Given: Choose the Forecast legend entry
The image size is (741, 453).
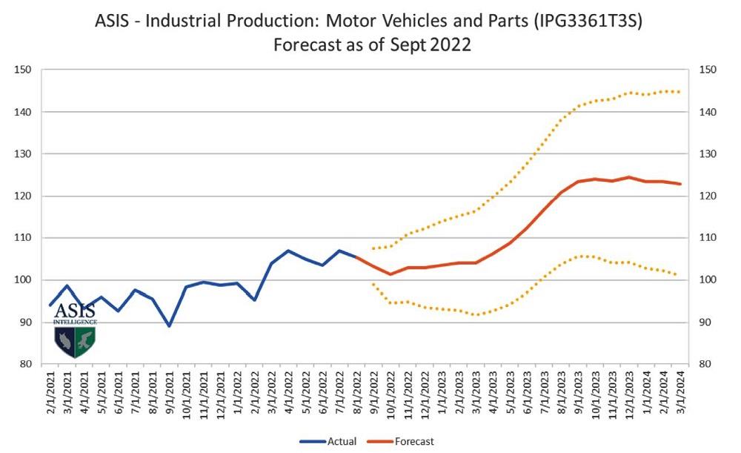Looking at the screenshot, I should coord(414,441).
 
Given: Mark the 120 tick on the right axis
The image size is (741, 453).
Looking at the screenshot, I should coord(707,196).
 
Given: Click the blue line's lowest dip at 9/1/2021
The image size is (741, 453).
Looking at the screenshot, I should coord(170,325).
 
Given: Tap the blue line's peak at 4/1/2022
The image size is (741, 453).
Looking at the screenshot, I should coord(288,251).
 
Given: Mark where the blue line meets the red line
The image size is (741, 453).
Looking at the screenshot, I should coord(356,257).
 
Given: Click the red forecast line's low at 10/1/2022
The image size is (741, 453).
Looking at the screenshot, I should coord(391,274).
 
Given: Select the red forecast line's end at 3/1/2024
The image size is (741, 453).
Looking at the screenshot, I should coord(680,184).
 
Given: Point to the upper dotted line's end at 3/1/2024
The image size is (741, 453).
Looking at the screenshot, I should coord(680,92).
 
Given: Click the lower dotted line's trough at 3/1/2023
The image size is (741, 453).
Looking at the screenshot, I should coord(476,315).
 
